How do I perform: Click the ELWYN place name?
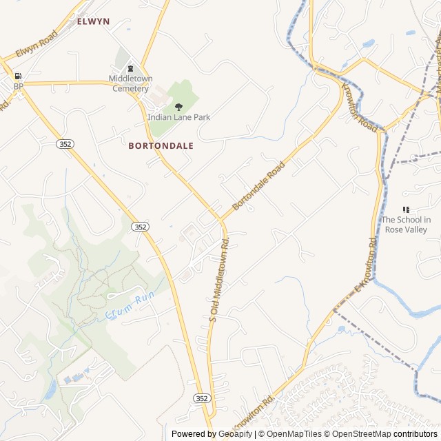click(93, 21)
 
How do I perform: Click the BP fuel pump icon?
click(18, 76)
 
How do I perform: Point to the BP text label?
click(18, 86)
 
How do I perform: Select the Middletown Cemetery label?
click(130, 83)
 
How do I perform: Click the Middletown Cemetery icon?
click(130, 68)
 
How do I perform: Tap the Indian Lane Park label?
click(178, 117)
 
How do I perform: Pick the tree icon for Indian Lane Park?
click(178, 107)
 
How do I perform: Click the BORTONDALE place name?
click(161, 146)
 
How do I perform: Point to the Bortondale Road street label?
click(258, 186)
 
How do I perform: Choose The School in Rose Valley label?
click(406, 225)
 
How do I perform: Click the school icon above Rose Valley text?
click(406, 209)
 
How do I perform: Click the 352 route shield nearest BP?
click(65, 144)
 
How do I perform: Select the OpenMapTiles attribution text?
click(294, 434)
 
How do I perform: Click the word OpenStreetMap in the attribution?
click(362, 434)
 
